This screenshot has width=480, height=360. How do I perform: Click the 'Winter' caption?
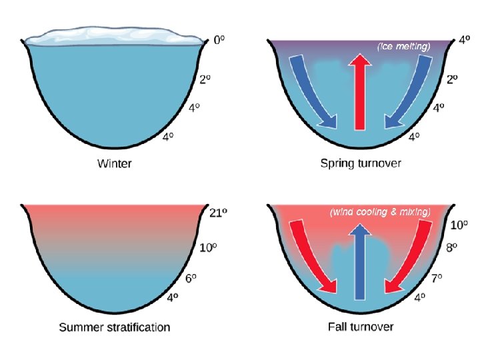click(114, 163)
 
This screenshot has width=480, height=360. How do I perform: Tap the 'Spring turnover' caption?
click(361, 163)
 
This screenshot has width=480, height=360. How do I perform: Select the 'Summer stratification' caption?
click(114, 327)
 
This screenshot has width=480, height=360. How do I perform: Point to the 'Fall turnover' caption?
click(361, 327)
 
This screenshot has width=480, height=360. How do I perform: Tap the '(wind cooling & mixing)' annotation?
click(380, 212)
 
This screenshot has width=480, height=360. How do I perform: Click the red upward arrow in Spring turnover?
click(361, 90)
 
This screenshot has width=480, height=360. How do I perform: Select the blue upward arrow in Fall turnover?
click(361, 260)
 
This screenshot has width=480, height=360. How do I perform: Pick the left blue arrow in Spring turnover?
click(310, 90)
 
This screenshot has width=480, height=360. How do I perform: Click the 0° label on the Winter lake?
click(219, 40)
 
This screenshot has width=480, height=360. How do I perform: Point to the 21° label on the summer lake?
click(218, 213)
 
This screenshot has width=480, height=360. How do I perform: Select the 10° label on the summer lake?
click(209, 248)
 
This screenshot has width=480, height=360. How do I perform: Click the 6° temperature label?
click(191, 279)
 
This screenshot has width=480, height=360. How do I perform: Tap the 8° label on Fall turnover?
click(451, 248)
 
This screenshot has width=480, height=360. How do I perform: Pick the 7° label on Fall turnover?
click(437, 279)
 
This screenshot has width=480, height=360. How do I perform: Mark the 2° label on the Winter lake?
click(205, 79)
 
